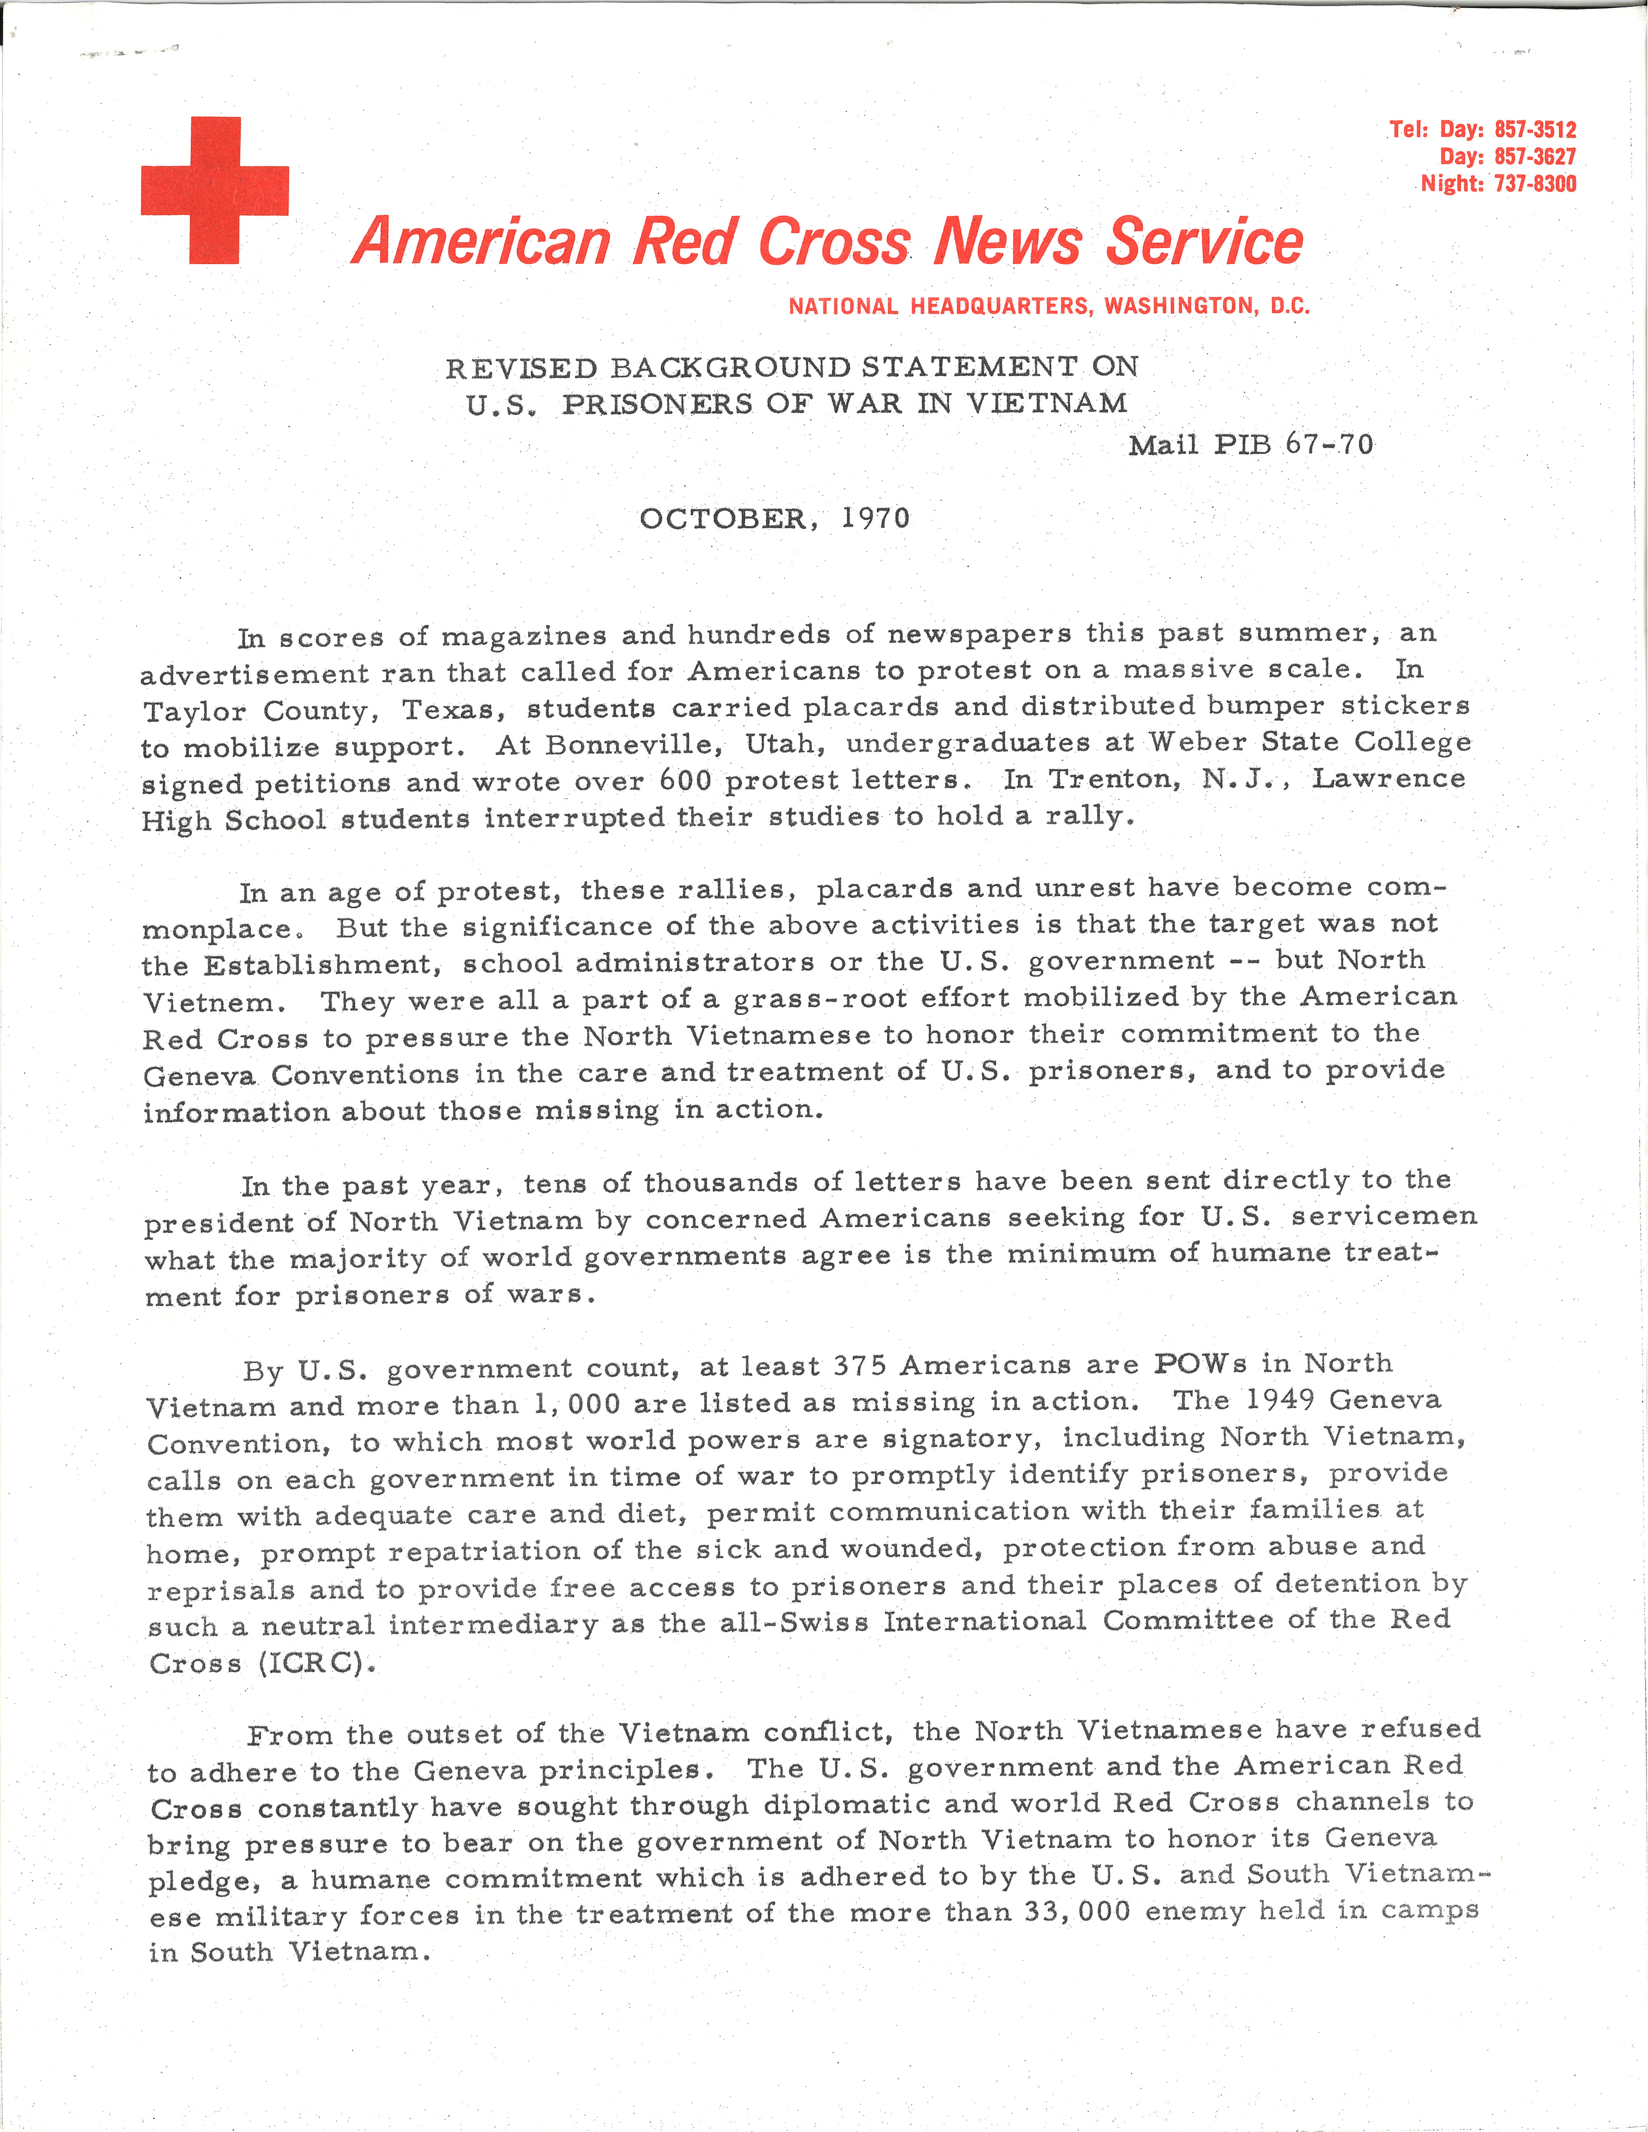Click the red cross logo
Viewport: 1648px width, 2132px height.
[215, 190]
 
